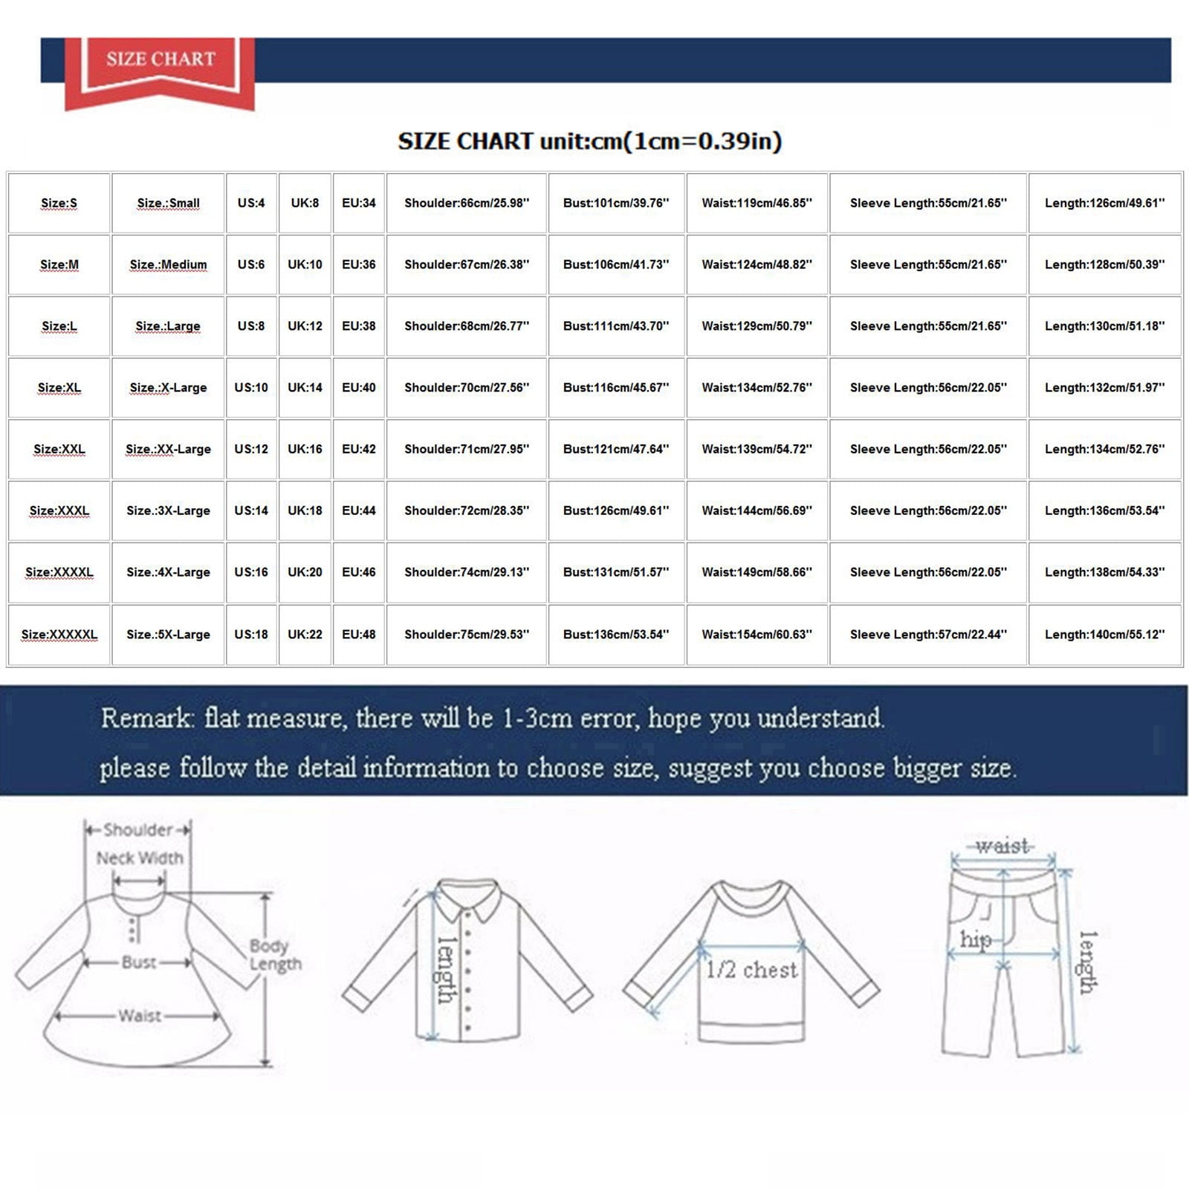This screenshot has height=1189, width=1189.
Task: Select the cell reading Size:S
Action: tap(59, 203)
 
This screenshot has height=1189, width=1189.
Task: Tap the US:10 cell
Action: tap(251, 387)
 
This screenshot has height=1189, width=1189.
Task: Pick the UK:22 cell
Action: tap(305, 634)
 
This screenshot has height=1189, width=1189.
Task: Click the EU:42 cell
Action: tap(359, 449)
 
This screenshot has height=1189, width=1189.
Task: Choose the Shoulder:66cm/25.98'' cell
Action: tap(467, 203)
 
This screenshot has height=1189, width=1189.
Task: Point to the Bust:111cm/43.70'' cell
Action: tap(616, 325)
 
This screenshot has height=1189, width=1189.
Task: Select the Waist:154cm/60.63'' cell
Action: tap(757, 634)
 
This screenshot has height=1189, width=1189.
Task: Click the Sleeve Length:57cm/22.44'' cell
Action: tap(928, 634)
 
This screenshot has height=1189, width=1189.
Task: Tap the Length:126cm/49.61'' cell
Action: tap(1105, 203)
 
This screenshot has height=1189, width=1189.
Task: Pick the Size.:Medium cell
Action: tap(168, 265)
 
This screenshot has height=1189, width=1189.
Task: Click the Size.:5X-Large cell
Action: tap(168, 634)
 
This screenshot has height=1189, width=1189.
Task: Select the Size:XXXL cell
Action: tap(59, 511)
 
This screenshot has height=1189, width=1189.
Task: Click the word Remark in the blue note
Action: tap(147, 718)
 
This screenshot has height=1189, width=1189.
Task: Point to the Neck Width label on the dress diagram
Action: tap(140, 858)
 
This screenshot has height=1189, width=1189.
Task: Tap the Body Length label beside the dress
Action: tap(275, 954)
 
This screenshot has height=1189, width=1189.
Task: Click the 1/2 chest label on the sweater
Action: tap(751, 969)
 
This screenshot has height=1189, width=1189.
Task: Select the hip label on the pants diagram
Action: tap(975, 940)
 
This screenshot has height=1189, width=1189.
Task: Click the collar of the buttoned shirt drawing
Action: tap(467, 899)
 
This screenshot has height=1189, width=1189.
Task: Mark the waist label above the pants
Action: tap(1002, 846)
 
